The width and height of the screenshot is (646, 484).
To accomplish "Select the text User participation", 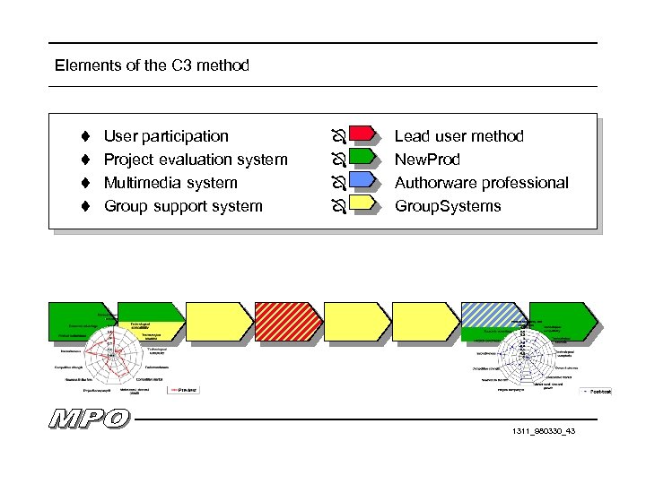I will [x=166, y=136].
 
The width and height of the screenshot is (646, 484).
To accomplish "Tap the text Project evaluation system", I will [x=196, y=160].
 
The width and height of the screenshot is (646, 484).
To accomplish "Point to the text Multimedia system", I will [x=170, y=183].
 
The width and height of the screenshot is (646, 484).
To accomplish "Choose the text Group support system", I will [x=183, y=206].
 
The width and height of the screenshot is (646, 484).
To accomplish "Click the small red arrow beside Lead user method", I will [x=362, y=134].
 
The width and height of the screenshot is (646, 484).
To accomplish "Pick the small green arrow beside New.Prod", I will [x=362, y=158].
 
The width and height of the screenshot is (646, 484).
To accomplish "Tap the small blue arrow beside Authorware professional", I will [x=362, y=181].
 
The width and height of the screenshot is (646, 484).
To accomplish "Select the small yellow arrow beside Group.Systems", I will [x=362, y=204].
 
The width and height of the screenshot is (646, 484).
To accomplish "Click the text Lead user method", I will [x=458, y=136].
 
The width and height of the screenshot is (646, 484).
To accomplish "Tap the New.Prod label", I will [x=427, y=160].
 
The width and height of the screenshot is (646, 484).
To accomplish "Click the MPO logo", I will [x=90, y=419].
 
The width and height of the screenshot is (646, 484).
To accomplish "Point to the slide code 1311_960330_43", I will [x=543, y=432].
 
